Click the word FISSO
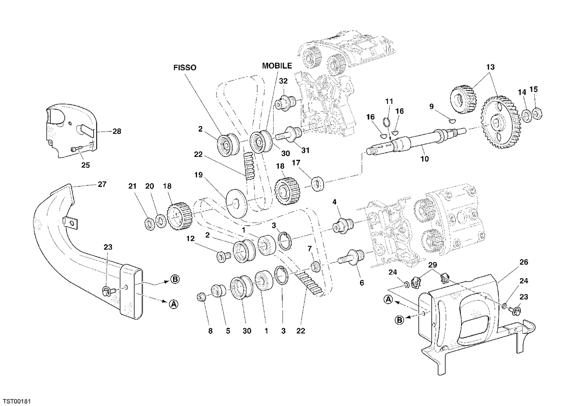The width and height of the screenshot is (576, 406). coord(185,68)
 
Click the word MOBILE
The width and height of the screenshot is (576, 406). coord(277,66)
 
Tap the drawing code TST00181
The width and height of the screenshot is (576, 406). coord(17,401)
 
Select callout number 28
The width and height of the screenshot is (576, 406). coord(117,131)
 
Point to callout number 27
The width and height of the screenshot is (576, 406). coord(102,184)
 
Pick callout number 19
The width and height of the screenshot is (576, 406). coord(198,175)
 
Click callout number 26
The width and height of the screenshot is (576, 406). coord(524,262)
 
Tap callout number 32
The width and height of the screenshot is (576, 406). coord(283,81)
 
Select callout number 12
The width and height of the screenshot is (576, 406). coord(190,239)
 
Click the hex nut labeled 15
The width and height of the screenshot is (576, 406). coord(537,113)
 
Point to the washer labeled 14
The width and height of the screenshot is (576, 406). coord(527,116)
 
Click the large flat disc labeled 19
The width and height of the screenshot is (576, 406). coord(236,203)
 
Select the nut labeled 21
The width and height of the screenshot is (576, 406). coord(149,224)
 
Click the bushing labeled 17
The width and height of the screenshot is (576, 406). coord(318,184)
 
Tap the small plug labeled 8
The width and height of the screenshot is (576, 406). coord(201,297)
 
